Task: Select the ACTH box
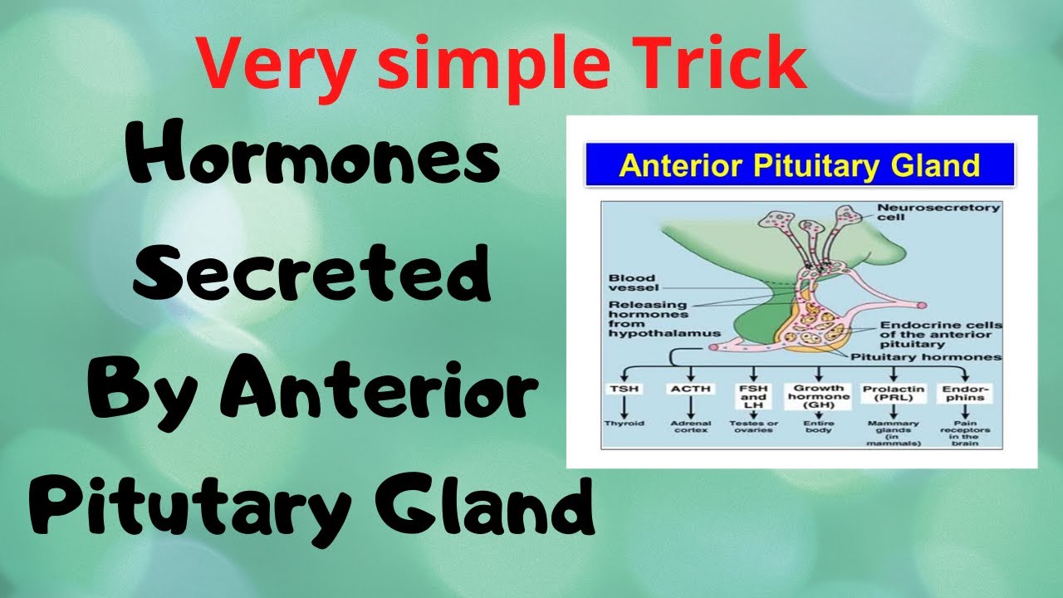(688, 389)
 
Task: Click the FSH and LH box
(754, 396)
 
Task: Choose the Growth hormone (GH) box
(819, 396)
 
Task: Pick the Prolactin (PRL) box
(890, 393)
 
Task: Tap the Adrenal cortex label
(688, 428)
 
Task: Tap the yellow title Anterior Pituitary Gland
(800, 164)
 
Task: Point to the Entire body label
(819, 428)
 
